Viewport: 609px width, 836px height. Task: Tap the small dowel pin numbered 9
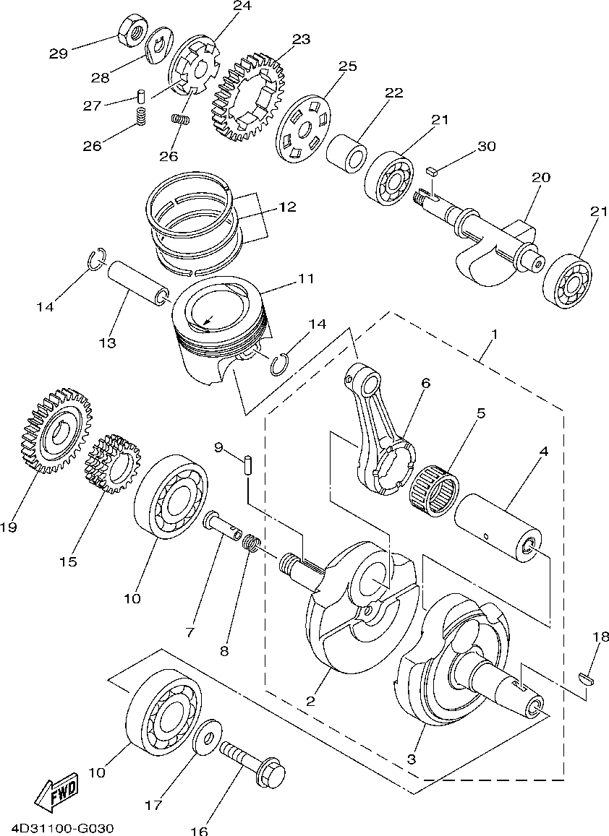[246, 464]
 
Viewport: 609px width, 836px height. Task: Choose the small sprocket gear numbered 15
[112, 464]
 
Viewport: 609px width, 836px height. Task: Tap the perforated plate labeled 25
[304, 131]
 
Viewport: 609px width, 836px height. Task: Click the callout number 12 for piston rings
[287, 207]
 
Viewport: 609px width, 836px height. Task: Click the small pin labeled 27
[142, 95]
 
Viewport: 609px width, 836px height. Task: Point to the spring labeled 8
[252, 544]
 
